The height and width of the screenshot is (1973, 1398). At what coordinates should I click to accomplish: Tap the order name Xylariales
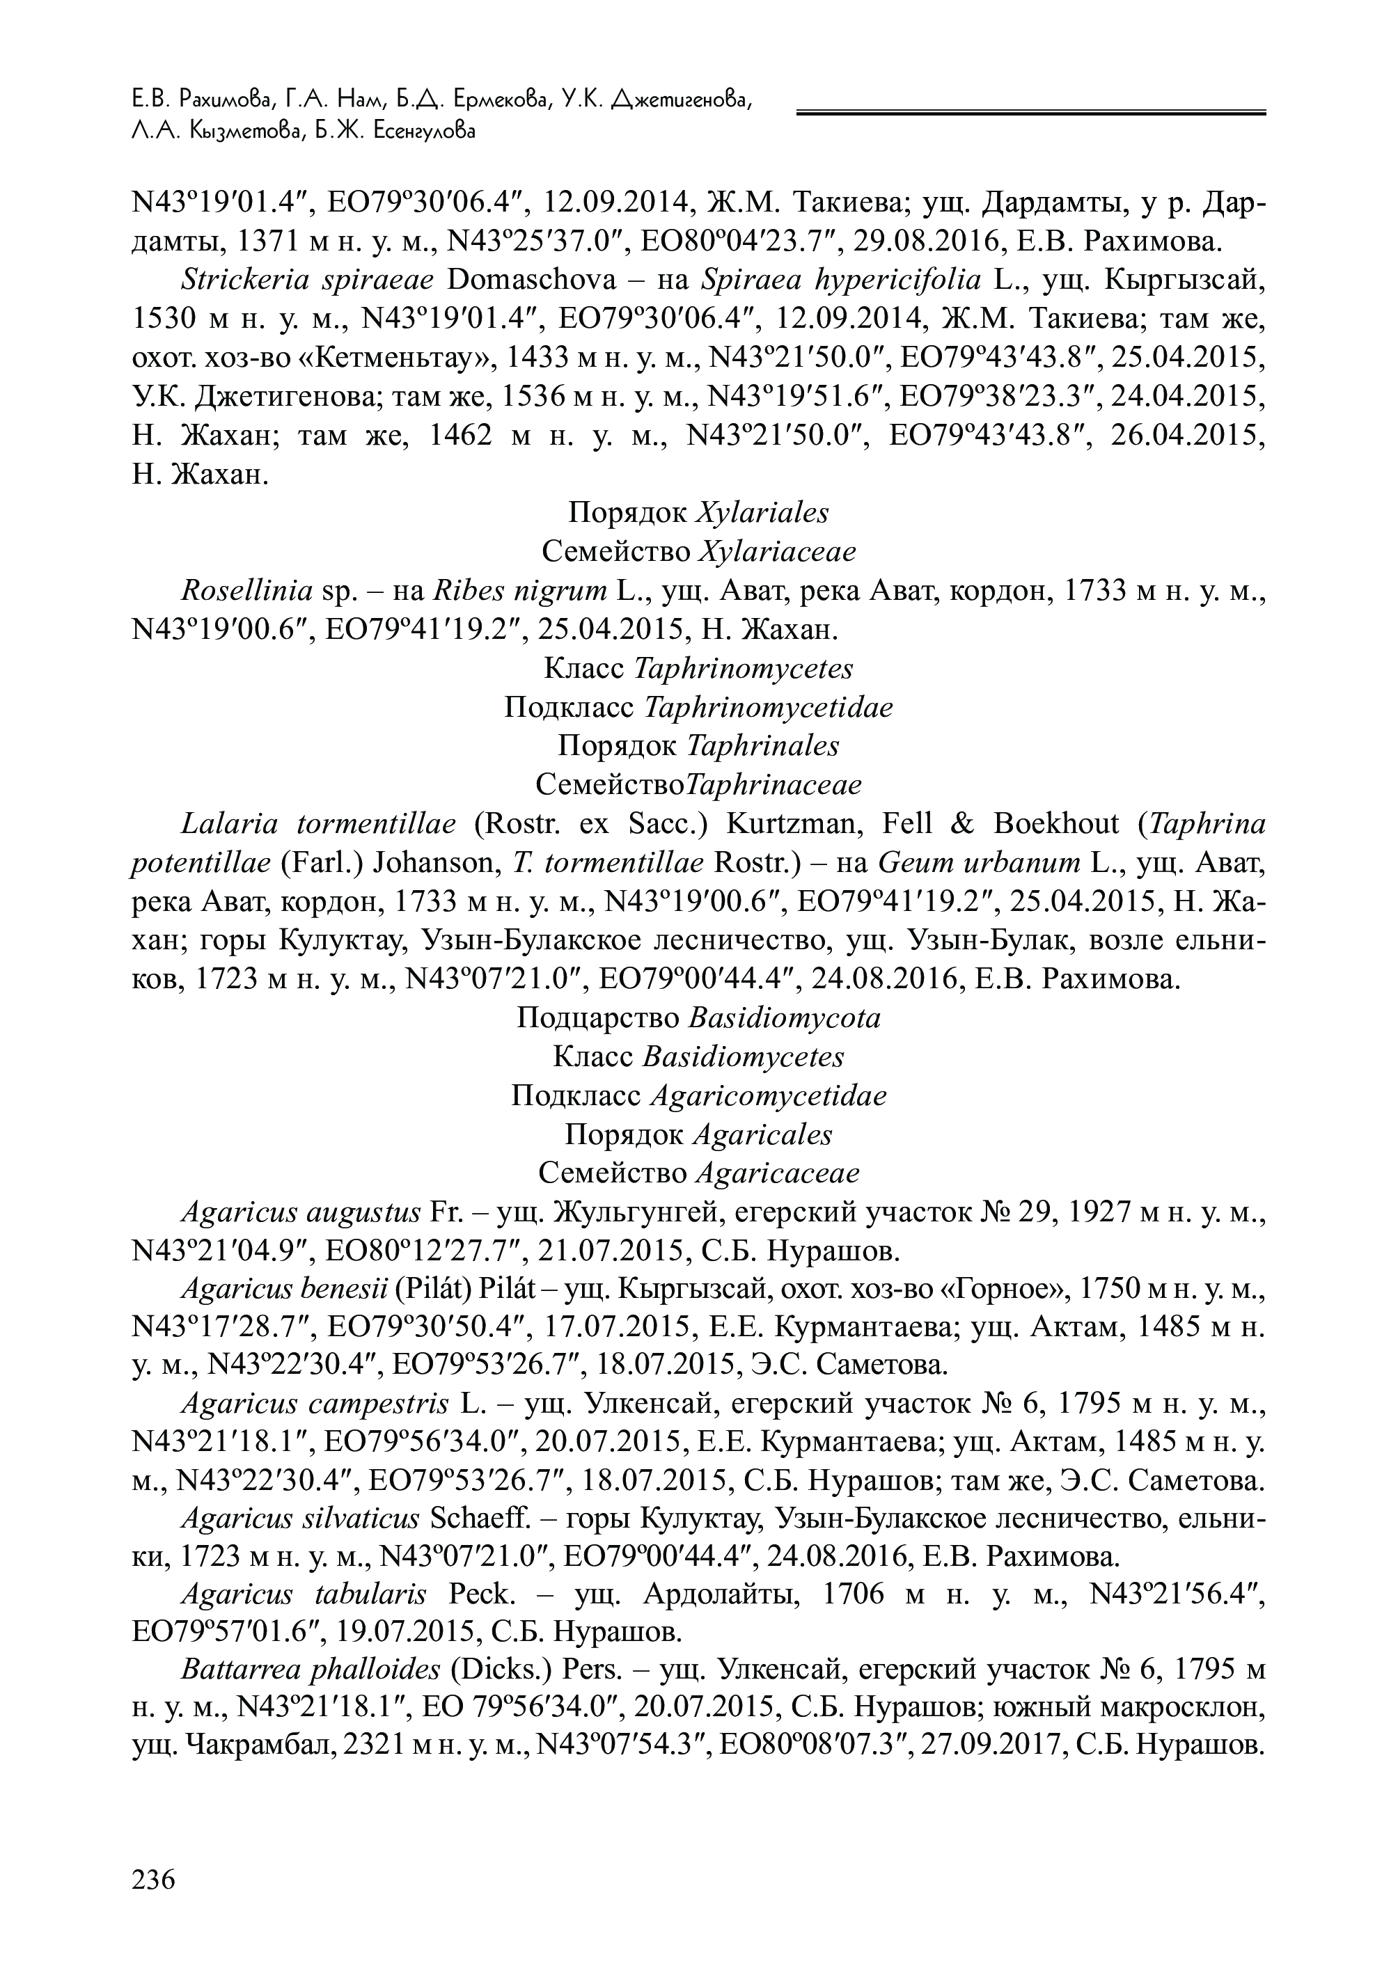coord(761,513)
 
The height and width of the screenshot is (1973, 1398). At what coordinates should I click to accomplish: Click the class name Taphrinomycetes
coord(744,669)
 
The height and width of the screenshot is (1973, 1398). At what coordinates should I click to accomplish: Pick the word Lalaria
coord(230,824)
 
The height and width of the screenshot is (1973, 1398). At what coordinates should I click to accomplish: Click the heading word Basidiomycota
coord(785,1018)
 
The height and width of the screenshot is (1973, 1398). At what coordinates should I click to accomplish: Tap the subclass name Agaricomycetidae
coord(769,1096)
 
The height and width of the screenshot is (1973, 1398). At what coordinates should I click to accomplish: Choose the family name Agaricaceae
coord(778,1173)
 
